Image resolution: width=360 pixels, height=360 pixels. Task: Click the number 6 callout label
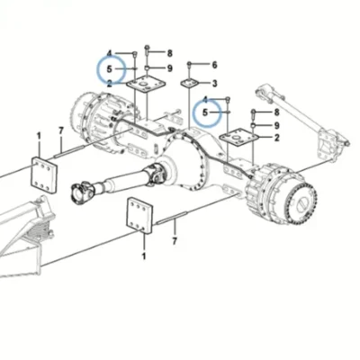(214, 65)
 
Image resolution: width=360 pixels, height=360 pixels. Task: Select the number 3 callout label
(214, 84)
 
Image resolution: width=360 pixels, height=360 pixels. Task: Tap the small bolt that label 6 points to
(189, 65)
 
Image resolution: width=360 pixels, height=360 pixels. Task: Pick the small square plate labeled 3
(190, 83)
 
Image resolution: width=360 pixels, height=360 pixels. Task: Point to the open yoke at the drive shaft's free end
(81, 191)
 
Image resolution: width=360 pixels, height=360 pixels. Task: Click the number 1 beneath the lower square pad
(144, 256)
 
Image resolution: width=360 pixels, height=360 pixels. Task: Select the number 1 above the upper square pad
(39, 136)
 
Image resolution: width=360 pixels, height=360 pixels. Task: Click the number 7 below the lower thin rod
(175, 241)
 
